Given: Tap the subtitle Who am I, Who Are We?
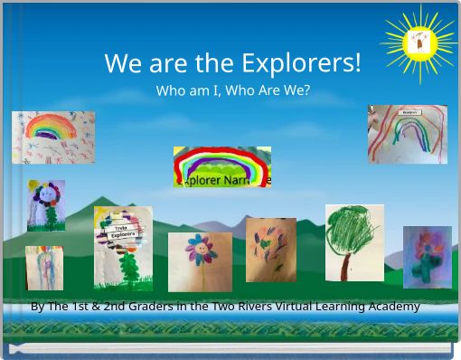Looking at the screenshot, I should [232, 90].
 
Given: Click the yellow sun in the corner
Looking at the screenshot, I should [419, 43].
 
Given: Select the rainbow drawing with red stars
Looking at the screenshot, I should [52, 137].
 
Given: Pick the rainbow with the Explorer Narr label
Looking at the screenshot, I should [222, 166].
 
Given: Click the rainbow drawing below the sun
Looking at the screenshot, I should [407, 135].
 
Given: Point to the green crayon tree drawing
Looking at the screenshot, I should [354, 242].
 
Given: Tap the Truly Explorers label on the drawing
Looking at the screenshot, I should [124, 232].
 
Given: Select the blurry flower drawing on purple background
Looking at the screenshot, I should [427, 257].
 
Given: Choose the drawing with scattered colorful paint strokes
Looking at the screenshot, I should [270, 250].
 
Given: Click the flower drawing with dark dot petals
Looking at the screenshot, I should [45, 204].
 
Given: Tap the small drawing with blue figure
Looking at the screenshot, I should [44, 268].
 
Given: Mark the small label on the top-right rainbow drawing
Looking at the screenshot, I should [409, 112].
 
